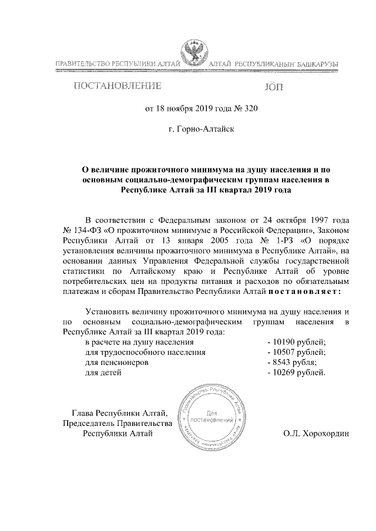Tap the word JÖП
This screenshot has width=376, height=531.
[x=274, y=87]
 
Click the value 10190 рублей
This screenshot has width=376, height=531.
[x=296, y=341]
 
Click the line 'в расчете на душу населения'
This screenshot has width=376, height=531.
[x=139, y=341]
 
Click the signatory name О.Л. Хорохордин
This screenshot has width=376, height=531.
[x=316, y=434]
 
